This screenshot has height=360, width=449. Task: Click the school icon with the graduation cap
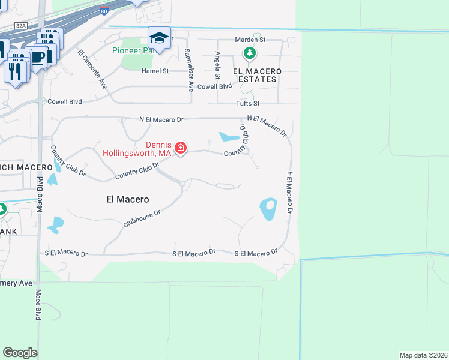click(x=159, y=37)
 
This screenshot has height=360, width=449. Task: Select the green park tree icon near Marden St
click(x=250, y=54)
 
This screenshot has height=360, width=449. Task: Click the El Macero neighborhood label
click(x=127, y=199)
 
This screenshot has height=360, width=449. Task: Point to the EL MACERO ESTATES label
click(x=256, y=75)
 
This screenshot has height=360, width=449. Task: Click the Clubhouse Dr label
click(x=142, y=218)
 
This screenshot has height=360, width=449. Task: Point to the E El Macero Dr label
click(x=289, y=193)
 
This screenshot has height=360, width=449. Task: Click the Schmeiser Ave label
click(x=188, y=69)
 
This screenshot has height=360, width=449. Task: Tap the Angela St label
click(x=217, y=65)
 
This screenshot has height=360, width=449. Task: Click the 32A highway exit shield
click(x=21, y=26)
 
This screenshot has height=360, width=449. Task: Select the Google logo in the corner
click(x=20, y=353)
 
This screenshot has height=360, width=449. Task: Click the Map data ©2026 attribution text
click(x=423, y=355)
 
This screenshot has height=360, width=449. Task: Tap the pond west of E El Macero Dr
click(x=268, y=209)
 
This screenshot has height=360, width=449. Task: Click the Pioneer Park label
click(x=134, y=50)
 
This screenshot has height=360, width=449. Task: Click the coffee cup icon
click(x=38, y=58)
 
